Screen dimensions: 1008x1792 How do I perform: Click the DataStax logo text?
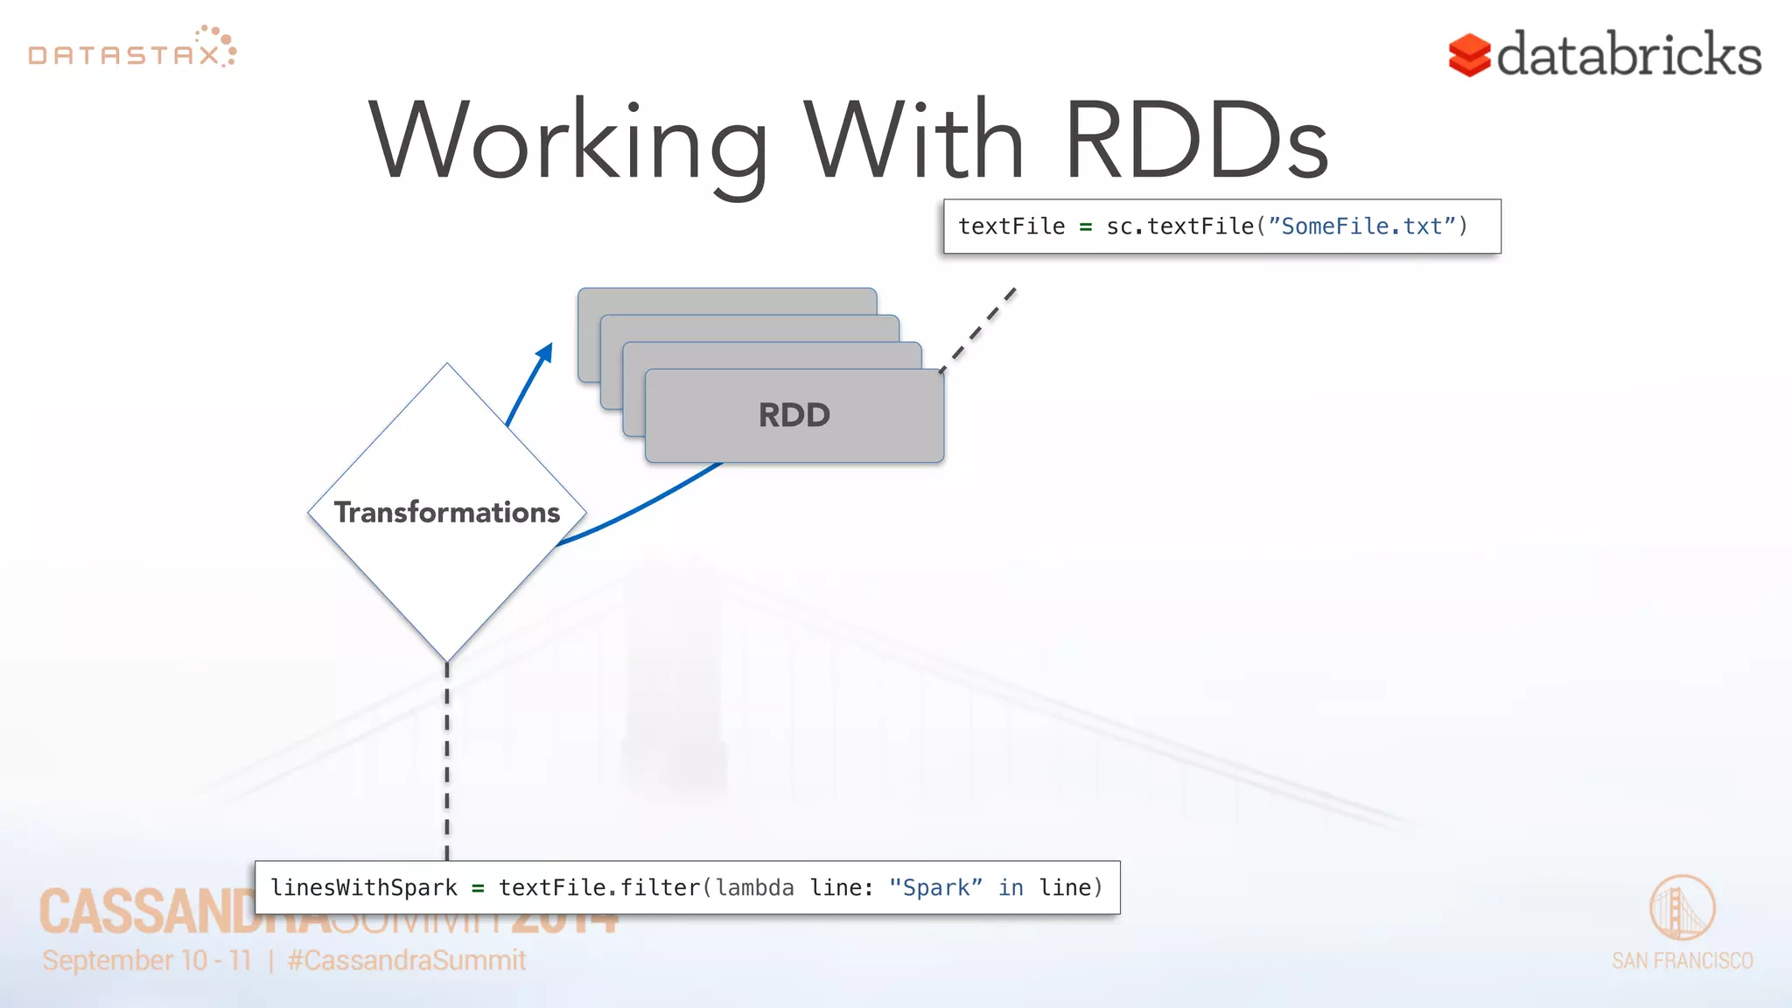pyautogui.click(x=124, y=55)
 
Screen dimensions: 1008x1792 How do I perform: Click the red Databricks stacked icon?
pyautogui.click(x=1469, y=55)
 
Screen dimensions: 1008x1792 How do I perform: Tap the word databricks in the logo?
pyautogui.click(x=1628, y=55)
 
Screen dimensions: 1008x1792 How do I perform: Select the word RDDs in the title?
pyautogui.click(x=1196, y=140)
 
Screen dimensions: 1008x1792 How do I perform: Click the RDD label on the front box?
pyautogui.click(x=794, y=415)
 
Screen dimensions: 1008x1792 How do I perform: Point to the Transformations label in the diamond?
pyautogui.click(x=447, y=512)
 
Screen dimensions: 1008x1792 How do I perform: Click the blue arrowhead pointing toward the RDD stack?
pyautogui.click(x=545, y=353)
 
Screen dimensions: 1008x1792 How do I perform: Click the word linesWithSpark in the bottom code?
pyautogui.click(x=364, y=888)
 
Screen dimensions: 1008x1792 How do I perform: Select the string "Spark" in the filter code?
pyautogui.click(x=934, y=888)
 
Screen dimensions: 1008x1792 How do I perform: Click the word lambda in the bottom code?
pyautogui.click(x=755, y=888)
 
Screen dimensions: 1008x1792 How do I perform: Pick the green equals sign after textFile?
pyautogui.click(x=1085, y=227)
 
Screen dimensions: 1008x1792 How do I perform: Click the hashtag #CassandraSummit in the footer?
pyautogui.click(x=407, y=961)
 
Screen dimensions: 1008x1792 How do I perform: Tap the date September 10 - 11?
pyautogui.click(x=147, y=961)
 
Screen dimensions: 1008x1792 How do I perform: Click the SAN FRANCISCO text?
pyautogui.click(x=1682, y=961)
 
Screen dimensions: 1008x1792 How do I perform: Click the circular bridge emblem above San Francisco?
pyautogui.click(x=1682, y=908)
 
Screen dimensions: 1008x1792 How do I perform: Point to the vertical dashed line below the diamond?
pyautogui.click(x=447, y=761)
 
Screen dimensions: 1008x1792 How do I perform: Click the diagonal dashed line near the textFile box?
pyautogui.click(x=978, y=330)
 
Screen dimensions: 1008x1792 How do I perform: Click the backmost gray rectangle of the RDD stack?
pyautogui.click(x=726, y=300)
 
